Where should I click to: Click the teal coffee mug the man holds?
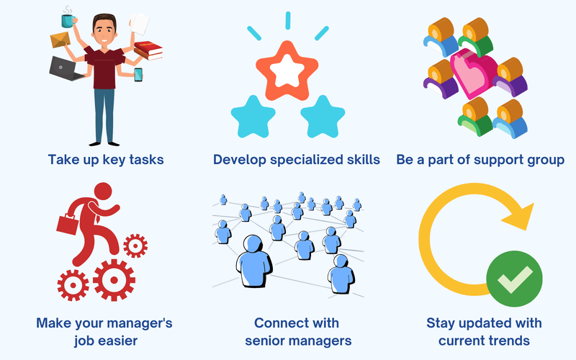[x=68, y=21]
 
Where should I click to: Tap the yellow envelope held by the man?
[x=60, y=40]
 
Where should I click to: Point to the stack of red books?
[x=148, y=50]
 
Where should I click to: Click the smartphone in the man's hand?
[x=138, y=75]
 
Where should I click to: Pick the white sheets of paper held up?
[x=140, y=24]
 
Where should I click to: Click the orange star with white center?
[x=287, y=71]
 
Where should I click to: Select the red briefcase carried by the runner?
[x=68, y=224]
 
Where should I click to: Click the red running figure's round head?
[x=103, y=192]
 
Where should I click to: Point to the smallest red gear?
[x=135, y=246]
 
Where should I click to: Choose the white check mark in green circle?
[x=515, y=280]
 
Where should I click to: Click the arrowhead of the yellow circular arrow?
[x=519, y=216]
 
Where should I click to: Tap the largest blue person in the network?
[x=254, y=261]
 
